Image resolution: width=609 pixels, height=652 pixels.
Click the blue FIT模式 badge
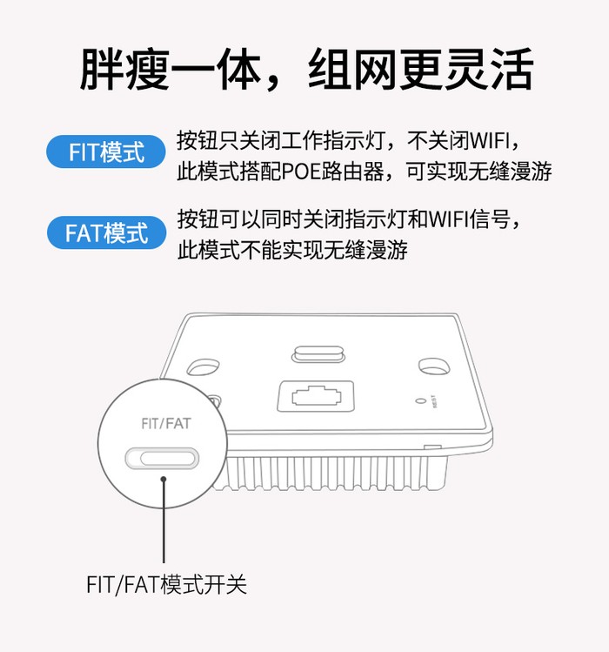click(x=106, y=153)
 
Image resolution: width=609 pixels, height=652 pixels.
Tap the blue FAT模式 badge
click(x=106, y=232)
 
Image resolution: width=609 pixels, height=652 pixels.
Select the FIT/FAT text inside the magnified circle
click(x=164, y=425)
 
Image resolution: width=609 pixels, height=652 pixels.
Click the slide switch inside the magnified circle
click(x=164, y=457)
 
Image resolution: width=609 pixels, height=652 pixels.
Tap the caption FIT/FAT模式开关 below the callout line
click(x=166, y=584)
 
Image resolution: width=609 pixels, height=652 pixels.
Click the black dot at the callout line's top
click(x=164, y=477)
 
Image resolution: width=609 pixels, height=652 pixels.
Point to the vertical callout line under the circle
click(x=164, y=522)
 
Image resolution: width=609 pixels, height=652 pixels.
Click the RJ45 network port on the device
click(x=314, y=397)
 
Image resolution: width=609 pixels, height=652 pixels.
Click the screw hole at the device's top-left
click(x=204, y=364)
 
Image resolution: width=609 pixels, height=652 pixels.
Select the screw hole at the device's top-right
click(x=432, y=364)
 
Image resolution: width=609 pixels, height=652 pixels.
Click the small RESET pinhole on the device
click(x=422, y=401)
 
